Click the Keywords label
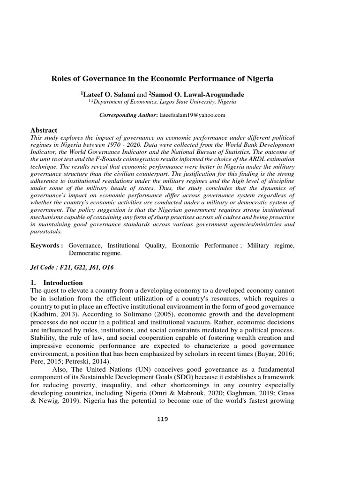tap(46, 246)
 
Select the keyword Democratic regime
tap(95, 253)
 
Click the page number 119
tap(162, 419)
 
